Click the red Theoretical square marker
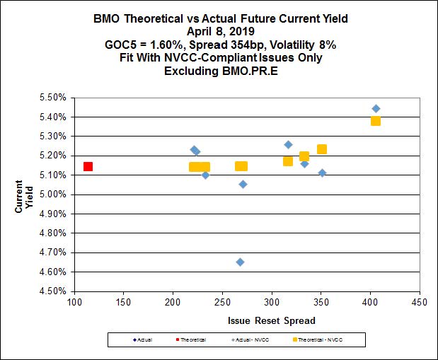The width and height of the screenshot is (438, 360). tap(88, 167)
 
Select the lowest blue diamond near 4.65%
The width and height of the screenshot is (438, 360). tap(240, 262)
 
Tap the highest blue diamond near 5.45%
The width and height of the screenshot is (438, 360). tap(376, 109)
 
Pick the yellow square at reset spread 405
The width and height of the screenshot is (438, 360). tap(376, 121)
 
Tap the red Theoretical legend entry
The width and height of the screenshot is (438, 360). tap(190, 341)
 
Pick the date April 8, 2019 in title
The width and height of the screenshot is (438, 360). tap(219, 31)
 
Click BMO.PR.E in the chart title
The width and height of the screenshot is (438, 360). tap(244, 71)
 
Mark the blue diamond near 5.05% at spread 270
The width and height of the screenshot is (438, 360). tap(243, 185)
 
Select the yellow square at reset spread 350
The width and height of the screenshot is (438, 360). tap(322, 149)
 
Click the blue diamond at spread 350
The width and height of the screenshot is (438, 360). tap(322, 173)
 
